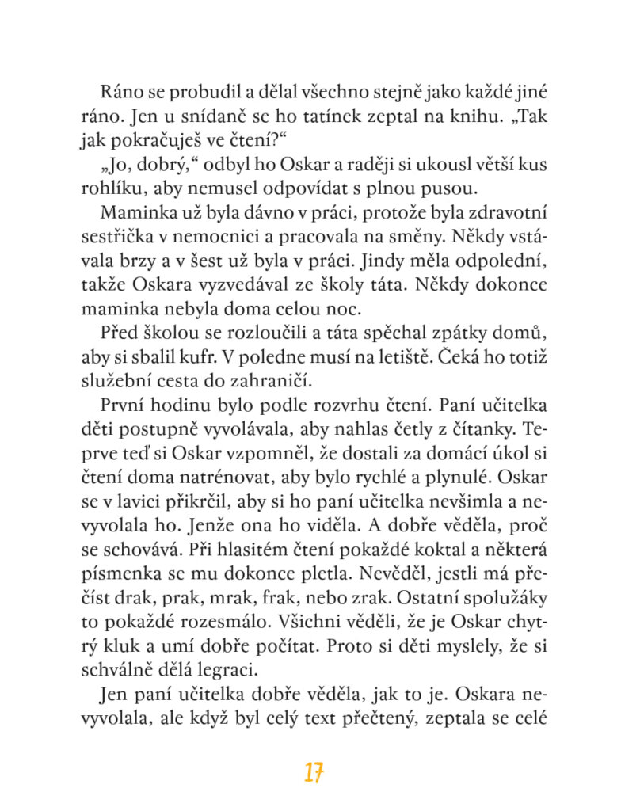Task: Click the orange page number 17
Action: pyautogui.click(x=314, y=773)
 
